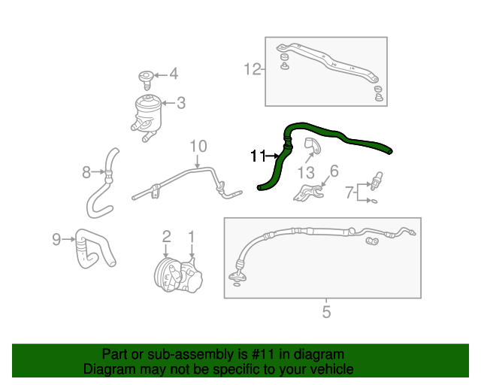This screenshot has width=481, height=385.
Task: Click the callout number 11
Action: [259, 156]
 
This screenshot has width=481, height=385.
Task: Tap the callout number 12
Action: [251, 70]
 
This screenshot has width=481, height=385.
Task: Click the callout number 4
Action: [174, 74]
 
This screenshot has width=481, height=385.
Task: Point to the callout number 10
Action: [198, 145]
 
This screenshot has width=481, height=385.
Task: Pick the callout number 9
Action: [56, 239]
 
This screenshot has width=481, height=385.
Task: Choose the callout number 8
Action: [86, 173]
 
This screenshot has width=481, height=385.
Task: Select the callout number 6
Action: [334, 171]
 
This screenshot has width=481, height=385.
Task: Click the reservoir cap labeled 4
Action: [146, 77]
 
